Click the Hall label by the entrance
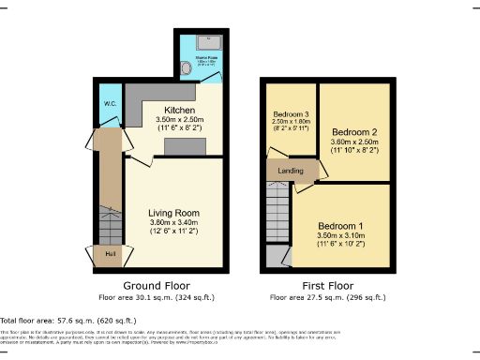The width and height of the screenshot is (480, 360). tap(110, 253)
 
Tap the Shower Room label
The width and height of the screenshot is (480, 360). tap(207, 57)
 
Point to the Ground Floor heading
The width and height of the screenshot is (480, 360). tap(157, 285)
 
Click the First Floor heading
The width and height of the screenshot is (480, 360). tap(327, 285)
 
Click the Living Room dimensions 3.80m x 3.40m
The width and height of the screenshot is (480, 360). tap(173, 224)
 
